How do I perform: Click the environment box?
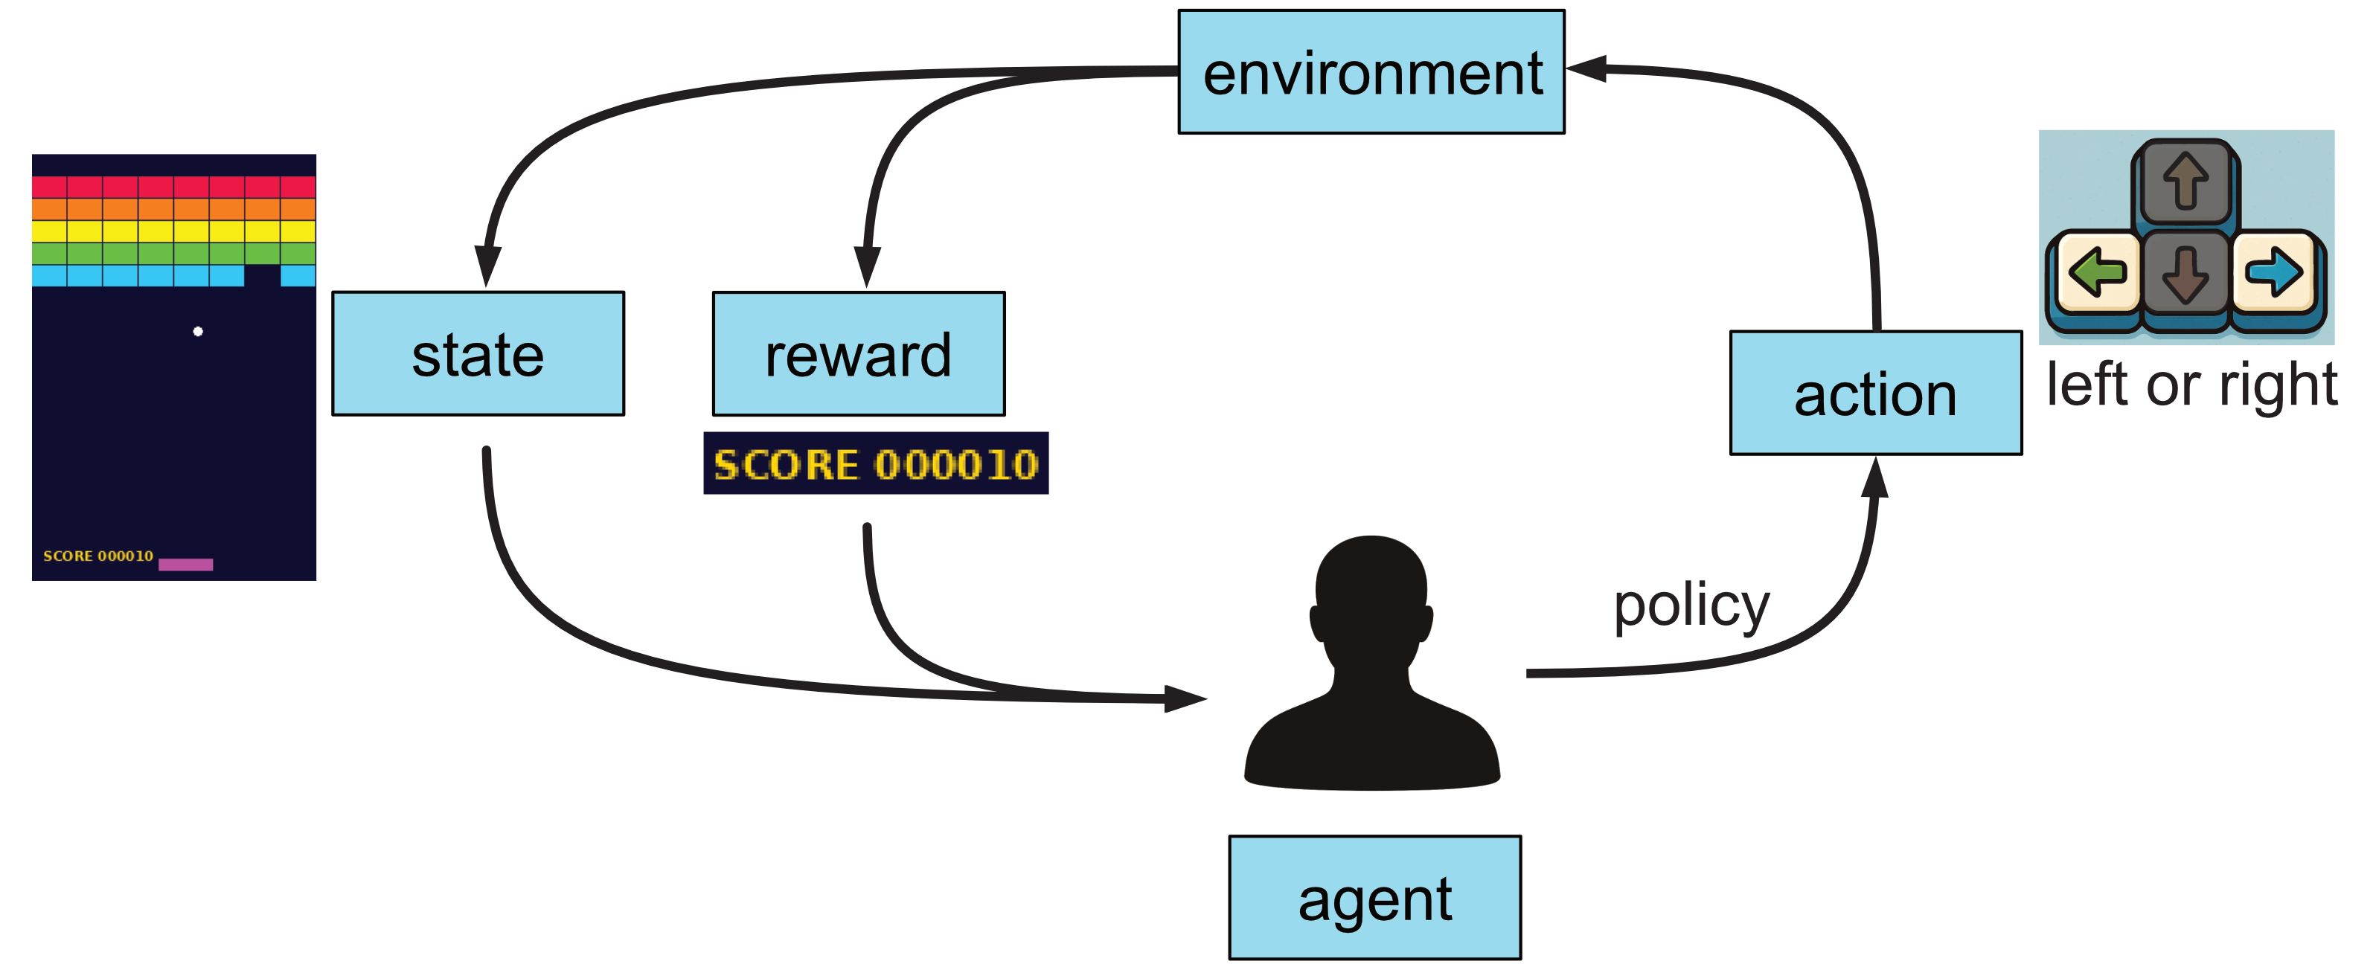pos(1371,72)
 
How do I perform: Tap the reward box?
pos(858,353)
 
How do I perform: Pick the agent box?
pos(1374,897)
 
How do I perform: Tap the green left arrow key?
pos(2097,272)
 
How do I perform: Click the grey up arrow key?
pos(2185,181)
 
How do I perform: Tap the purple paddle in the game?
pos(185,565)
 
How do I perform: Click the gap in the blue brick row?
pos(262,275)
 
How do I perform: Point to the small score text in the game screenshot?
pos(97,556)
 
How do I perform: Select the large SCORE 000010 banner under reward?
pos(875,463)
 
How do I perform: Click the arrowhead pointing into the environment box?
pos(1586,68)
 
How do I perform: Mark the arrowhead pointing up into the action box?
pos(1874,477)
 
